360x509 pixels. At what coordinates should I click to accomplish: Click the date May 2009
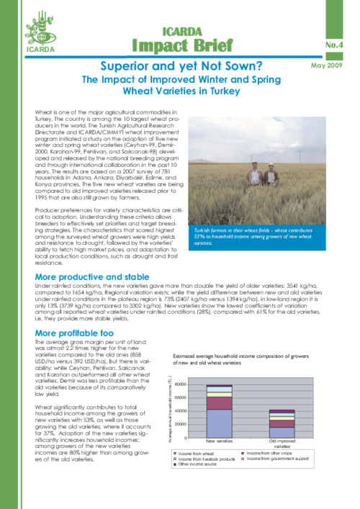click(x=330, y=66)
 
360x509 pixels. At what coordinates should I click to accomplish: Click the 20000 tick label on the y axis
click(x=192, y=424)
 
